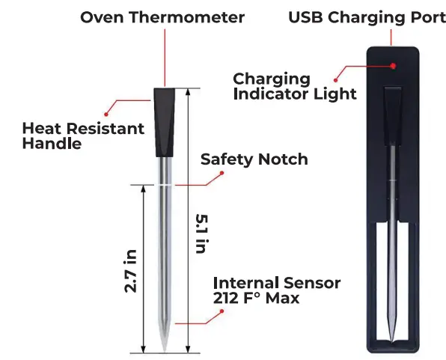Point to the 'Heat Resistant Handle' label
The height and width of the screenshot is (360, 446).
point(83,135)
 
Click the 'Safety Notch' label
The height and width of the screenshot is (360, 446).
point(254,159)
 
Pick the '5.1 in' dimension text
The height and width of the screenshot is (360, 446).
point(201,233)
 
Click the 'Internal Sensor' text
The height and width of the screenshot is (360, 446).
point(277,283)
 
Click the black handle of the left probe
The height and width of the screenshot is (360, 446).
point(166,121)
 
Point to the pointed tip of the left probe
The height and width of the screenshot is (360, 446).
point(166,346)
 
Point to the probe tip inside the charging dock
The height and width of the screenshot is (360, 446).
point(393,336)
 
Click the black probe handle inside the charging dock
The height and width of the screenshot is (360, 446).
point(392,116)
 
